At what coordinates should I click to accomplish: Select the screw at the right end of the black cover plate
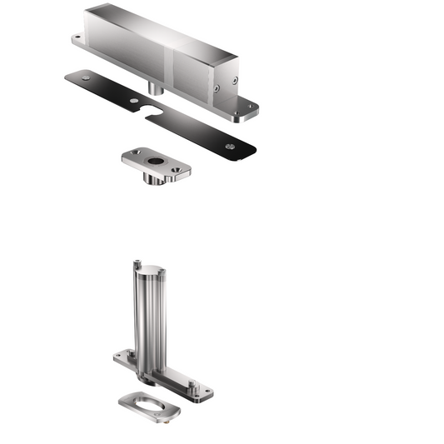(231, 146)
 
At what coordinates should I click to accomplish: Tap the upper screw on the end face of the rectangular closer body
(235, 80)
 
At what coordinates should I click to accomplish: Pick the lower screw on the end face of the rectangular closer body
(217, 87)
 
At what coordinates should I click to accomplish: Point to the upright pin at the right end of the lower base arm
(192, 385)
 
